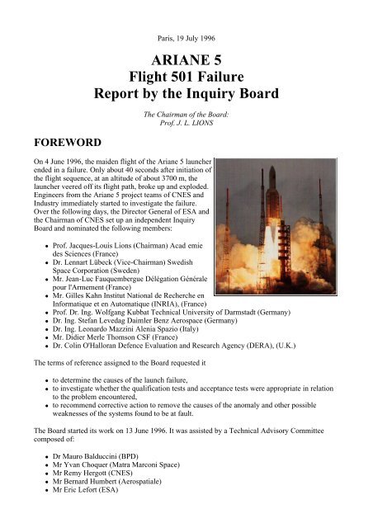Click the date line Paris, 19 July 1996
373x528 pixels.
click(186, 16)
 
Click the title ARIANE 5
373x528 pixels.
click(186, 44)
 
